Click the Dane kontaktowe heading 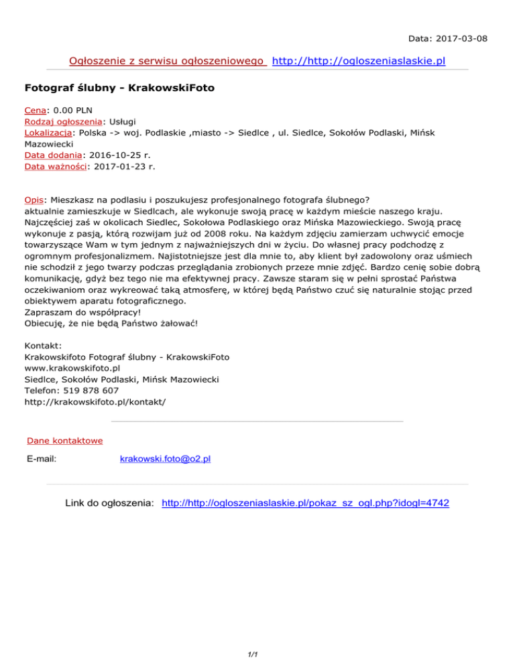(x=64, y=440)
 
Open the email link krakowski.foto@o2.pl (x=165, y=459)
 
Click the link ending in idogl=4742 (x=306, y=503)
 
